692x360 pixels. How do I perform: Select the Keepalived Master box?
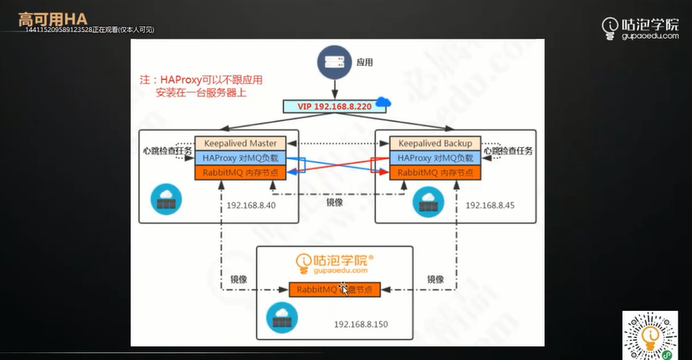[240, 143]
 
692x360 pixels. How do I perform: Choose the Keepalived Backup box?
[435, 143]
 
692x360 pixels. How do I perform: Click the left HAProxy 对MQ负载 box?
[240, 157]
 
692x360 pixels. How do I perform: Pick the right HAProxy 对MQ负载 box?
[435, 157]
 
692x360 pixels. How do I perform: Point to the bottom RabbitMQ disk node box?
[334, 290]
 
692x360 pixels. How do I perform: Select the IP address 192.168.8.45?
[490, 205]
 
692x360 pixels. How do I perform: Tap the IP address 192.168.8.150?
[361, 324]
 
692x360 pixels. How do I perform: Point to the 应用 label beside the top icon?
[364, 61]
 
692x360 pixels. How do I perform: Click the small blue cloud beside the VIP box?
[384, 102]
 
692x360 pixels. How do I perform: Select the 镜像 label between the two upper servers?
[335, 202]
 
